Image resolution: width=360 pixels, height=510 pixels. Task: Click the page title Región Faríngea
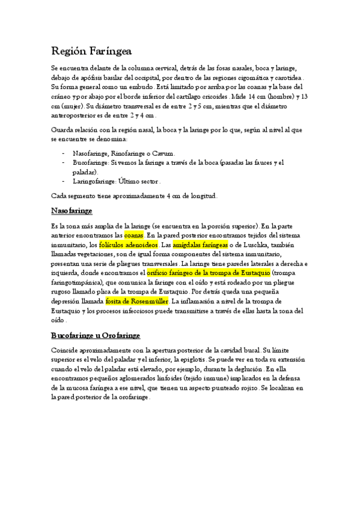click(91, 51)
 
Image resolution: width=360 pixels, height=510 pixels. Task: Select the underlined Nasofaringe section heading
click(72, 210)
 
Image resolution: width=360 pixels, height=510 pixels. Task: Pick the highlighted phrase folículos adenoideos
click(128, 245)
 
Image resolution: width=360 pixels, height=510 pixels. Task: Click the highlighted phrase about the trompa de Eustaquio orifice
click(209, 273)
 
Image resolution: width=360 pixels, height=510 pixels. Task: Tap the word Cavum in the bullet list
click(165, 153)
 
